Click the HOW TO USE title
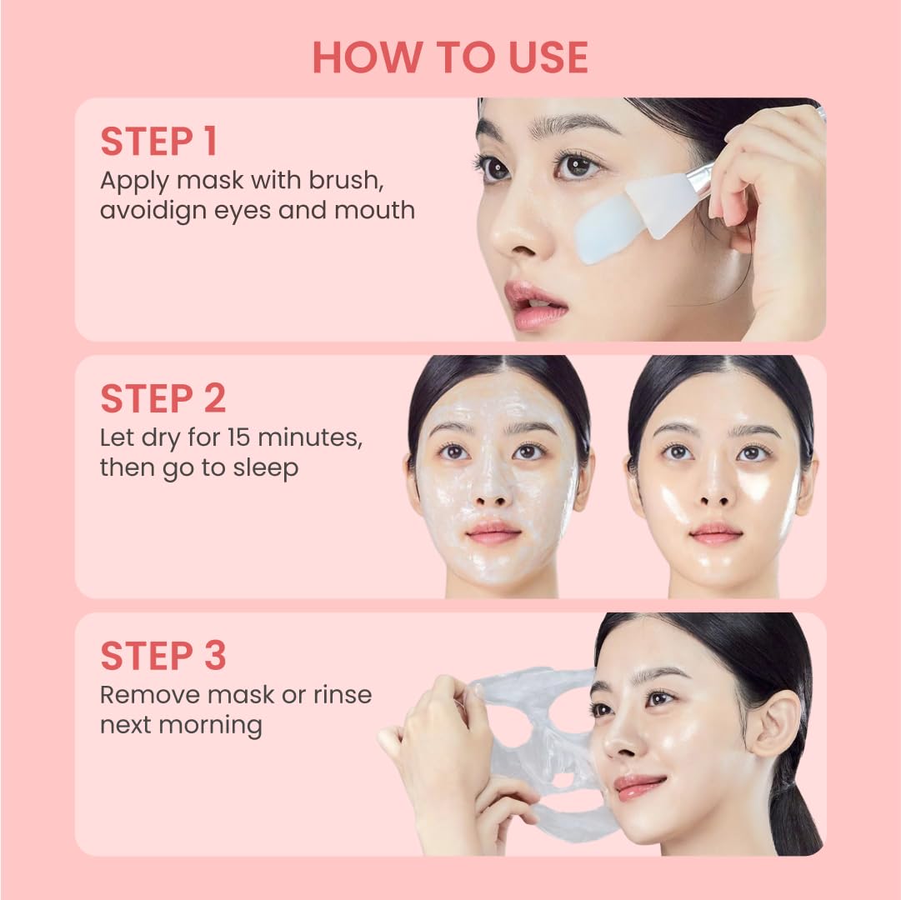click(450, 57)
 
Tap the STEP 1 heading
click(158, 142)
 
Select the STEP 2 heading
click(163, 399)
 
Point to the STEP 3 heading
click(163, 656)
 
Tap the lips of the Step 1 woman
click(535, 303)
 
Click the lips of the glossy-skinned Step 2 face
click(716, 532)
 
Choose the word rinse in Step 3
click(343, 694)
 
